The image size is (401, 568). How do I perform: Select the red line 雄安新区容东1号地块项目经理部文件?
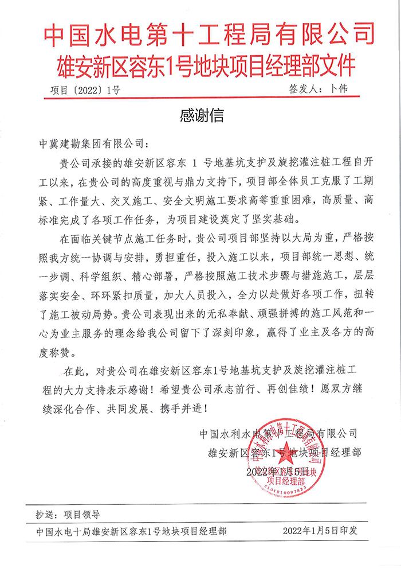[x=200, y=64]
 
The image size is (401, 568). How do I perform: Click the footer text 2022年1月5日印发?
[x=320, y=531]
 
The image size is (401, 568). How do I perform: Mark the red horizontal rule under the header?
[x=200, y=98]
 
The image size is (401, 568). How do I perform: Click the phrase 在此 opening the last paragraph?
[x=75, y=370]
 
